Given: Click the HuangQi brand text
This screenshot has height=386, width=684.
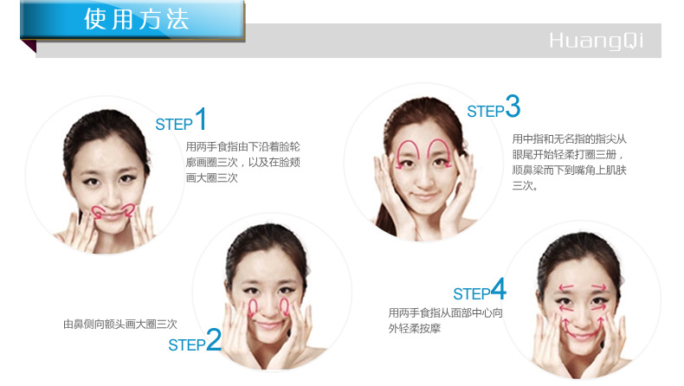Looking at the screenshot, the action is coord(596,41).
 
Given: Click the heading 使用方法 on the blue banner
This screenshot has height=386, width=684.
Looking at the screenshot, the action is coord(136,19).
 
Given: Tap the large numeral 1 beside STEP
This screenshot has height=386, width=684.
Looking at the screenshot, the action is coord(201,119).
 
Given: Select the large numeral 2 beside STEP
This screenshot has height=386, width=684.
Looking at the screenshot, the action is coord(213,339).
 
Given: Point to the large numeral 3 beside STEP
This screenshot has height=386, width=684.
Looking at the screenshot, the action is coord(513,106).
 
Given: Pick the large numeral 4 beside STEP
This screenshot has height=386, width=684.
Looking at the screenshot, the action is coord(498,289).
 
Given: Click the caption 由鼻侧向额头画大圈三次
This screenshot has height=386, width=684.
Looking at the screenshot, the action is coord(120,324).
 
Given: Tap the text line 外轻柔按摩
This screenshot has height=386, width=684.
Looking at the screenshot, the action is coord(415,328).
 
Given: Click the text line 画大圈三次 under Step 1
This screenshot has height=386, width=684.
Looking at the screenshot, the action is coord(212,177).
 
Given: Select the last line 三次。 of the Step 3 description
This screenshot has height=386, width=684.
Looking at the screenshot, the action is coord(525,185).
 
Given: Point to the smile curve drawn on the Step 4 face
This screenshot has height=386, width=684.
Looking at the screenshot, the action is coord(581,335).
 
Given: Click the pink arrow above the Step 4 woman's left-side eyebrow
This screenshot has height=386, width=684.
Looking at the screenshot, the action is coord(565,287).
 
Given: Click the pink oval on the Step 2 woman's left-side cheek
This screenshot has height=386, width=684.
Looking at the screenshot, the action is coord(253,308).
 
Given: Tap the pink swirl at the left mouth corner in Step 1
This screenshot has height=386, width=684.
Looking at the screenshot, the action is coord(99,211).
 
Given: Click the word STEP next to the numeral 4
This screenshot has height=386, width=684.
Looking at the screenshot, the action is coord(472,293).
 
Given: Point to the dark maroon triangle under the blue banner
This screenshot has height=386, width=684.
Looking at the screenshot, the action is coord(29,46).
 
